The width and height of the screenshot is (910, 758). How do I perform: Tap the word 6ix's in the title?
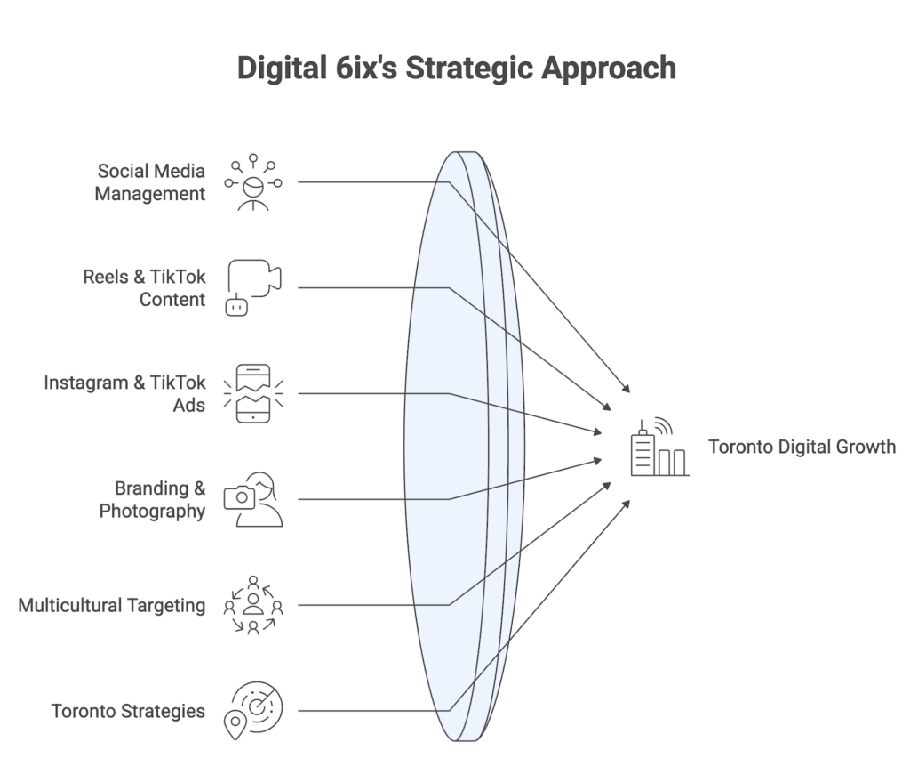(360, 69)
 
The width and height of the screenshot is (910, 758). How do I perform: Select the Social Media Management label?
(150, 181)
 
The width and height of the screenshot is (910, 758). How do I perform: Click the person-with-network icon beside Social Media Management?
(253, 183)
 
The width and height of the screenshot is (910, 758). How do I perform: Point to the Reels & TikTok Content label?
(145, 287)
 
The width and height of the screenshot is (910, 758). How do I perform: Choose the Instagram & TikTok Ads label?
(125, 393)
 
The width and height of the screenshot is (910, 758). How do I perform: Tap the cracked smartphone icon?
(253, 393)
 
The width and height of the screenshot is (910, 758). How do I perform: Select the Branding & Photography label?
(153, 499)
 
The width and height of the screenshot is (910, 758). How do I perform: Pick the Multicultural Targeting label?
(112, 605)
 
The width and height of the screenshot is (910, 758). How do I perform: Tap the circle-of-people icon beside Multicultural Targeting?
(253, 605)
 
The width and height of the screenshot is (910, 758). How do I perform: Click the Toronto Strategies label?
(128, 711)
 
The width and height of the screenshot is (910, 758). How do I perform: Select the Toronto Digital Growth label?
(802, 447)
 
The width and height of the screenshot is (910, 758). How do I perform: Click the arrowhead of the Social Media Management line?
(627, 389)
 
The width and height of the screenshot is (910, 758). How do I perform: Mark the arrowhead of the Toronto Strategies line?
(627, 504)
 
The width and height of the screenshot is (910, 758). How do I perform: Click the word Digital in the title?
(279, 69)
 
